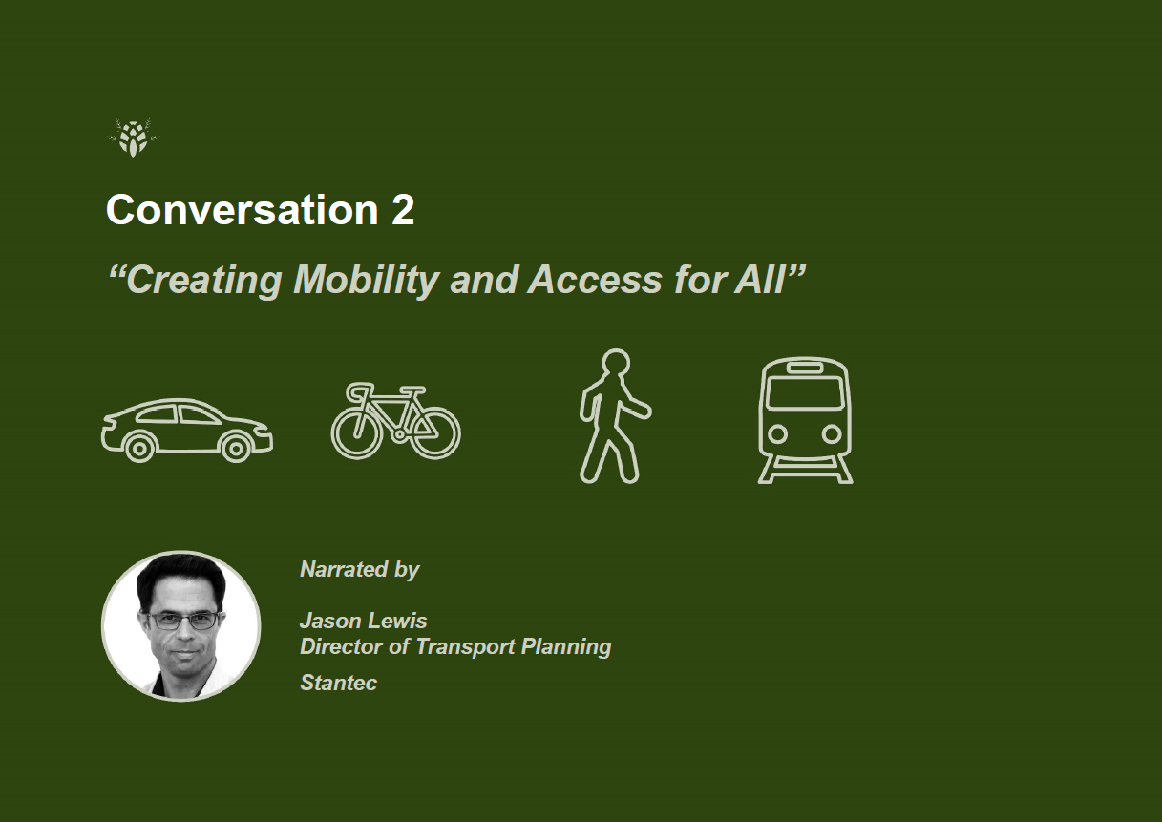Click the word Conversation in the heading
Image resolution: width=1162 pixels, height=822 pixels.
tap(242, 209)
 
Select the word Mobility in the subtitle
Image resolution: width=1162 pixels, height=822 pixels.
tap(367, 281)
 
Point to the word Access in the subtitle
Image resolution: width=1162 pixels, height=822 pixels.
tap(595, 280)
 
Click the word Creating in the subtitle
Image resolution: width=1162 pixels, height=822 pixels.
tap(204, 281)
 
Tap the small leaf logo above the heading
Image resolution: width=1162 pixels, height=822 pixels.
tap(134, 137)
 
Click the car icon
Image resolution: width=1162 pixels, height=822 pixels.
tap(187, 430)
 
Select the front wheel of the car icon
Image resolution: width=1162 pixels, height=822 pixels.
tap(236, 449)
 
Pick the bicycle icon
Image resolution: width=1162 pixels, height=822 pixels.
tap(396, 421)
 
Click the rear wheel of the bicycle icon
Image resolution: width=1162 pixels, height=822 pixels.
tap(356, 433)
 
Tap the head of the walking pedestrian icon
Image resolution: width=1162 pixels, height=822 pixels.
tap(615, 362)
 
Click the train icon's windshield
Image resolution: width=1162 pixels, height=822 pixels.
tap(805, 393)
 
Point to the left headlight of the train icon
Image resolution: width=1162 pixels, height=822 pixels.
tap(777, 433)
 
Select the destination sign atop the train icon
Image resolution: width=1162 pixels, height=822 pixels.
tap(805, 368)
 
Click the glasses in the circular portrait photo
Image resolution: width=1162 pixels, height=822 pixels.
tap(182, 621)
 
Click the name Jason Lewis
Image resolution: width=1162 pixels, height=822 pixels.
tap(363, 621)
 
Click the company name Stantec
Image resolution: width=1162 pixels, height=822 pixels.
tap(338, 683)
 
